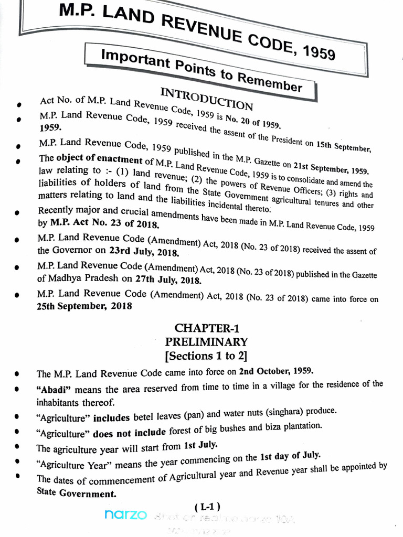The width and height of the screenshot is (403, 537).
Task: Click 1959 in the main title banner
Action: pyautogui.click(x=318, y=53)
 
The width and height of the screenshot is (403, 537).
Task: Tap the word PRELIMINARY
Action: pyautogui.click(x=206, y=342)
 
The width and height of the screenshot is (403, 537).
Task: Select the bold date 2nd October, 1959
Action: pyautogui.click(x=276, y=371)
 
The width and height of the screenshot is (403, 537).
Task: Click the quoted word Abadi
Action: pyautogui.click(x=54, y=391)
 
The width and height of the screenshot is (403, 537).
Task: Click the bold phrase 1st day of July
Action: pyautogui.click(x=290, y=456)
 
